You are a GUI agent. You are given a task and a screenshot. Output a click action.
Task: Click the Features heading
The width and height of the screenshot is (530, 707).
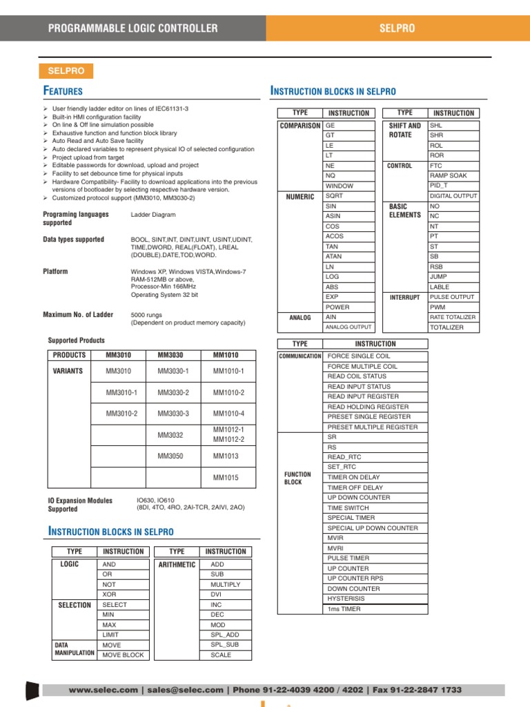click(63, 91)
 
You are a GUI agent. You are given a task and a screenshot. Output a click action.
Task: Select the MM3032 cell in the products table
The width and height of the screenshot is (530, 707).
click(170, 435)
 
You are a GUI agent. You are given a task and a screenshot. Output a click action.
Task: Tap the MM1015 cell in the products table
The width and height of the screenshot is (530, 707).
click(226, 478)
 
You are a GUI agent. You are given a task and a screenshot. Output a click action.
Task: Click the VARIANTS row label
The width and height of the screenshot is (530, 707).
click(68, 371)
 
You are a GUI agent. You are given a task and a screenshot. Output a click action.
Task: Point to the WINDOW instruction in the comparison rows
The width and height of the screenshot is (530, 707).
click(340, 186)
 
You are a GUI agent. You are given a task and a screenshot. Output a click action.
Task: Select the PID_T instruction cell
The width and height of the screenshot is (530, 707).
click(439, 186)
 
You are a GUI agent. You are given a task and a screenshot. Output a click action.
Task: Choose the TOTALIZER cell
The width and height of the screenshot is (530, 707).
click(446, 327)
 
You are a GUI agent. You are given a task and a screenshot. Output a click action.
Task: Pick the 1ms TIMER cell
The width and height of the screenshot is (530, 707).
click(344, 609)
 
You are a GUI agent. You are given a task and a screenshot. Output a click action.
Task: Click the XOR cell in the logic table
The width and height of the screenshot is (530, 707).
click(110, 594)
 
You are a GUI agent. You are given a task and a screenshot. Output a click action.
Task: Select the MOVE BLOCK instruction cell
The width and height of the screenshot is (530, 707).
click(123, 655)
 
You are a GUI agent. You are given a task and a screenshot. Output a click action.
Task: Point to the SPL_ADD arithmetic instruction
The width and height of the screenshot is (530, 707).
click(225, 635)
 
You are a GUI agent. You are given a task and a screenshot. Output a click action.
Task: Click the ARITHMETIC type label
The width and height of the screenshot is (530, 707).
click(177, 565)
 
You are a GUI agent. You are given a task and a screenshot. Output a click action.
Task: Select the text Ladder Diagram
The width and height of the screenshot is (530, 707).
click(153, 215)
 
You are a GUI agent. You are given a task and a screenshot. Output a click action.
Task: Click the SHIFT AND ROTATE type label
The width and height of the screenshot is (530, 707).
click(404, 130)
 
